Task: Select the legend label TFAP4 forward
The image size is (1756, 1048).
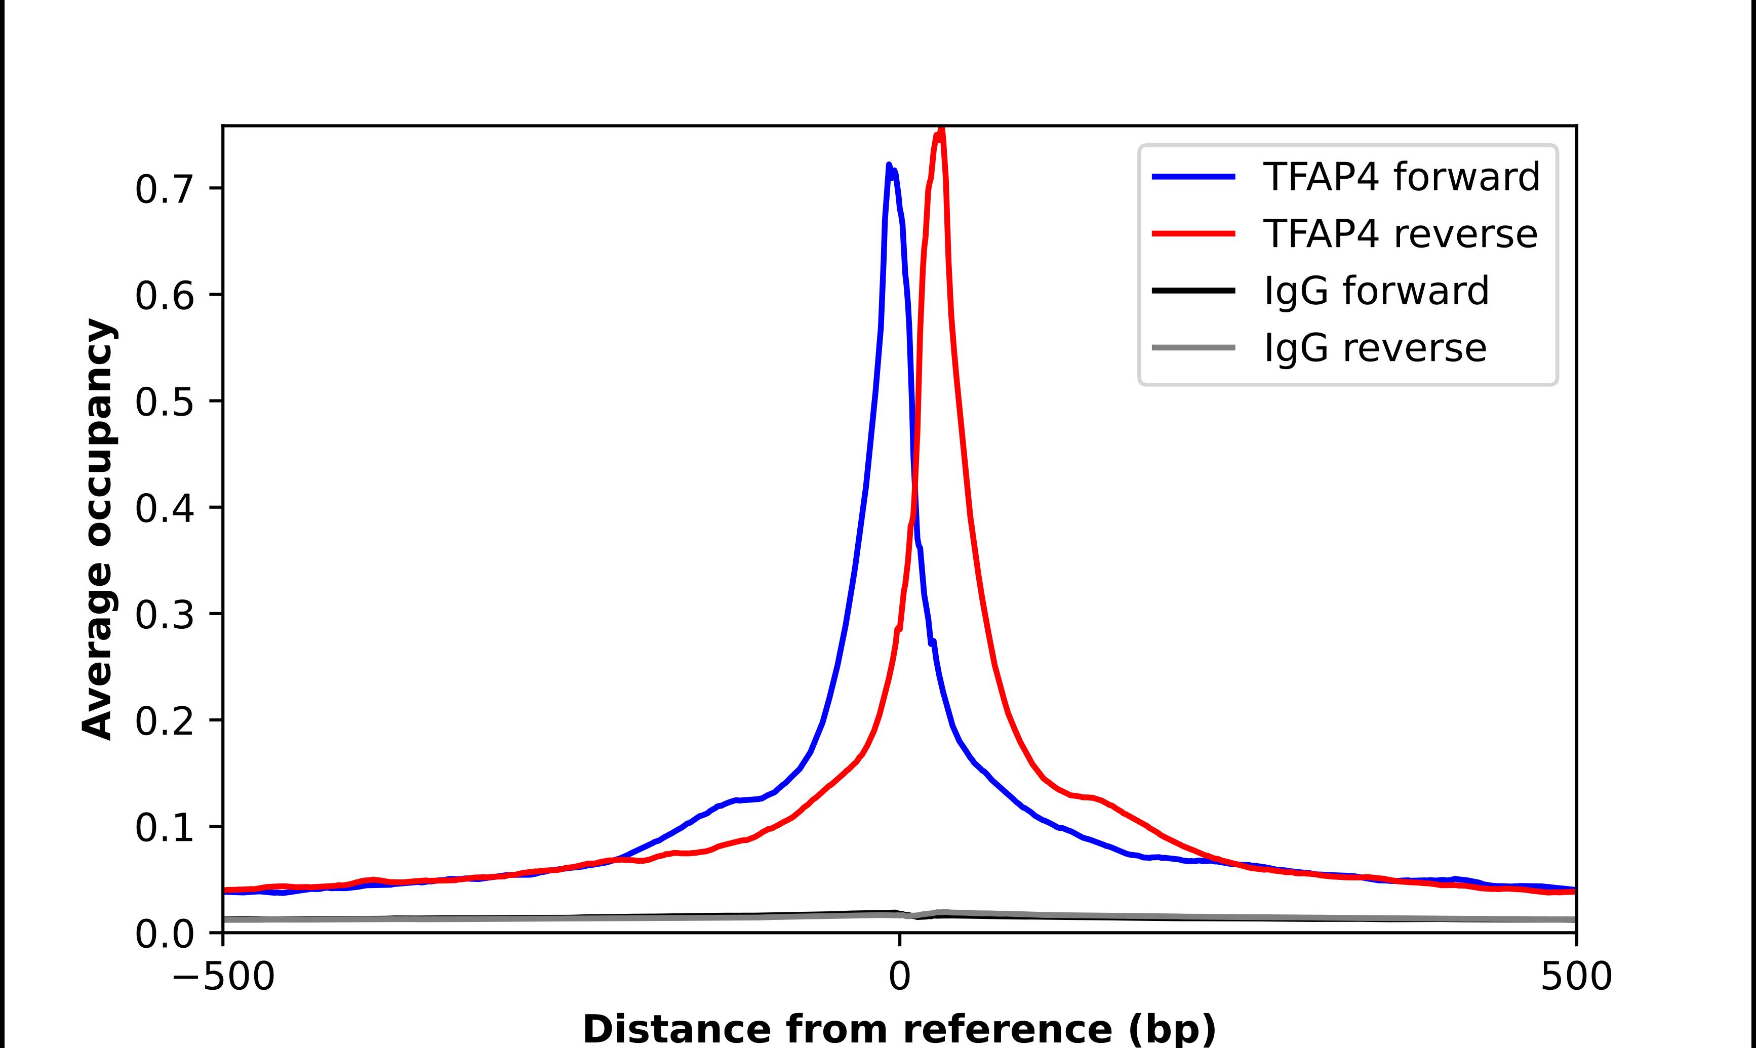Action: click(1401, 177)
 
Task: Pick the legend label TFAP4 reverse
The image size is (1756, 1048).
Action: click(1400, 234)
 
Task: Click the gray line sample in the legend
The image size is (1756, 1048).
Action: click(1193, 347)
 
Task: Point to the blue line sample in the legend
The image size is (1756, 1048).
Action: click(1193, 177)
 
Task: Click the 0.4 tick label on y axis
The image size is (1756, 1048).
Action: click(164, 508)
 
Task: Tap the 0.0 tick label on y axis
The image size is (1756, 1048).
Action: click(164, 934)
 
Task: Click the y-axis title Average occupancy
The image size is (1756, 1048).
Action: click(97, 530)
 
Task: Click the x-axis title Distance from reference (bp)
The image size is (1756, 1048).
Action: click(899, 1029)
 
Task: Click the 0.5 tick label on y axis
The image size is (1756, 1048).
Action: click(164, 402)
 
